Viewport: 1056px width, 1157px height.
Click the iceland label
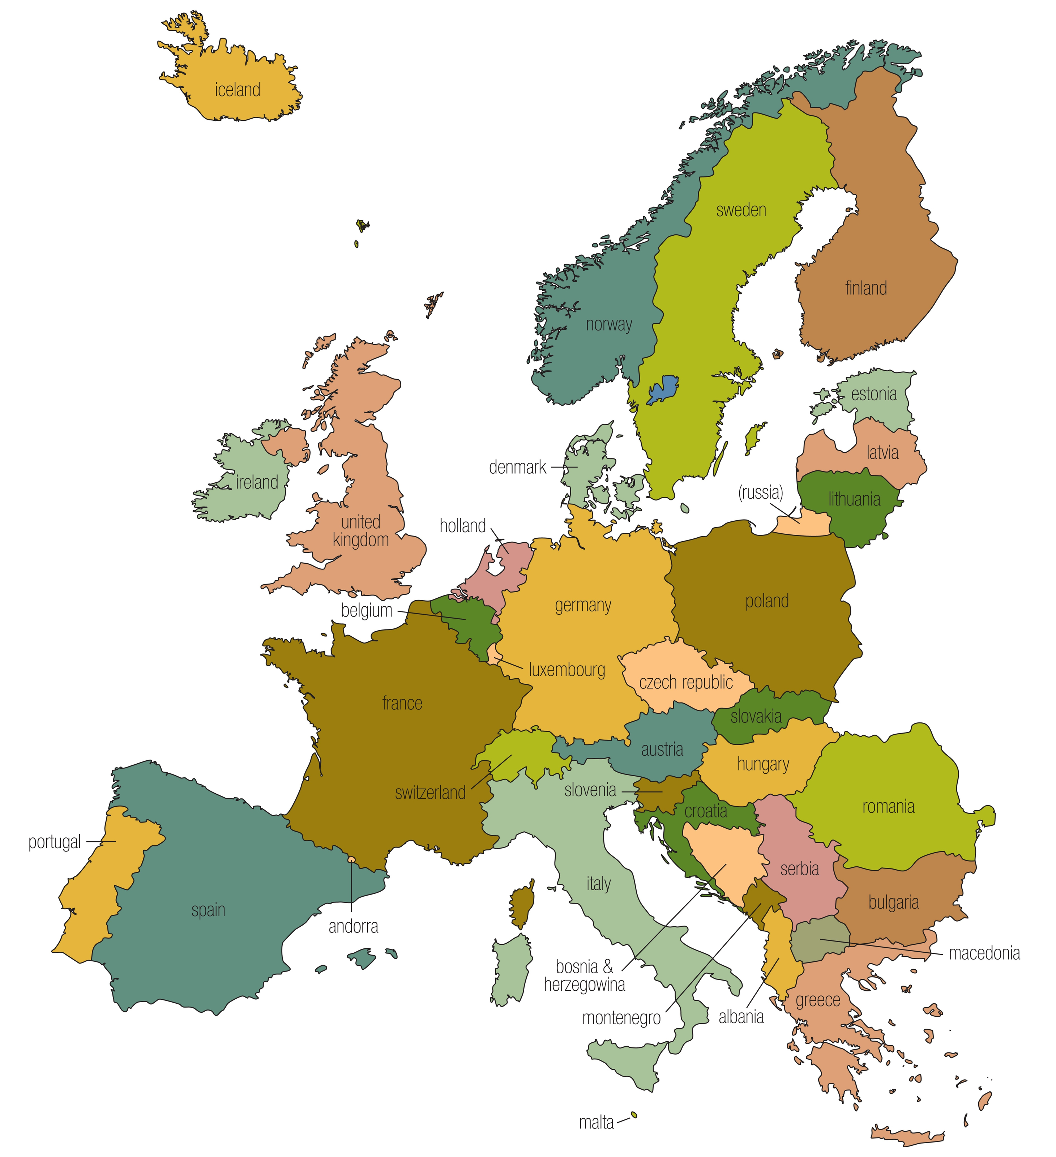click(238, 90)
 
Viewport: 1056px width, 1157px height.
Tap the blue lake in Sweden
click(663, 390)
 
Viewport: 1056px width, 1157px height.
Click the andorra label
click(353, 926)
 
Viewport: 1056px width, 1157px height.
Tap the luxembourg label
click(567, 670)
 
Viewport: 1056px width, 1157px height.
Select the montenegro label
click(621, 1018)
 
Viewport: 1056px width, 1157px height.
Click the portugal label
click(55, 842)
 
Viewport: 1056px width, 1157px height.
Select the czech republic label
click(686, 682)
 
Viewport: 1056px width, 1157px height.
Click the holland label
click(463, 526)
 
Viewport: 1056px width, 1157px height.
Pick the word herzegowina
click(584, 985)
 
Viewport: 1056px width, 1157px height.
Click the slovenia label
click(590, 790)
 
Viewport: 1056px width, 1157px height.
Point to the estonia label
click(873, 394)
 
